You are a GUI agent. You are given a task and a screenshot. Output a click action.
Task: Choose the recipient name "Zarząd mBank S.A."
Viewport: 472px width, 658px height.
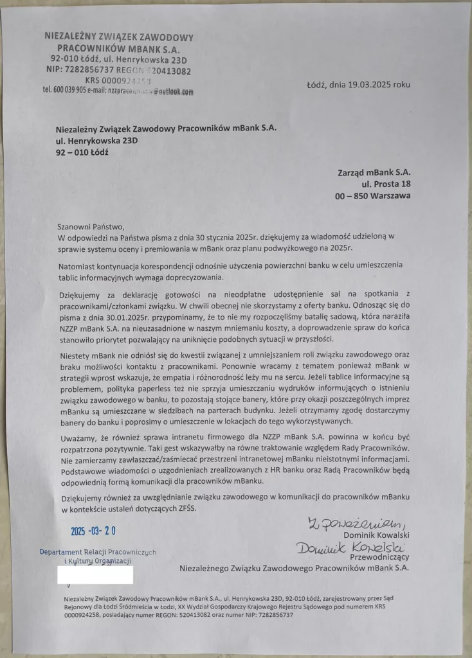[374, 172]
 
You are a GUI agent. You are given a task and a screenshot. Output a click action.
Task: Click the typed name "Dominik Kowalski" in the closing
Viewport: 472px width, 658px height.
[377, 535]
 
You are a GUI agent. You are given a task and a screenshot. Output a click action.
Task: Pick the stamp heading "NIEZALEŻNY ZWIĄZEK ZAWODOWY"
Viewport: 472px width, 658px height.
[120, 38]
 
